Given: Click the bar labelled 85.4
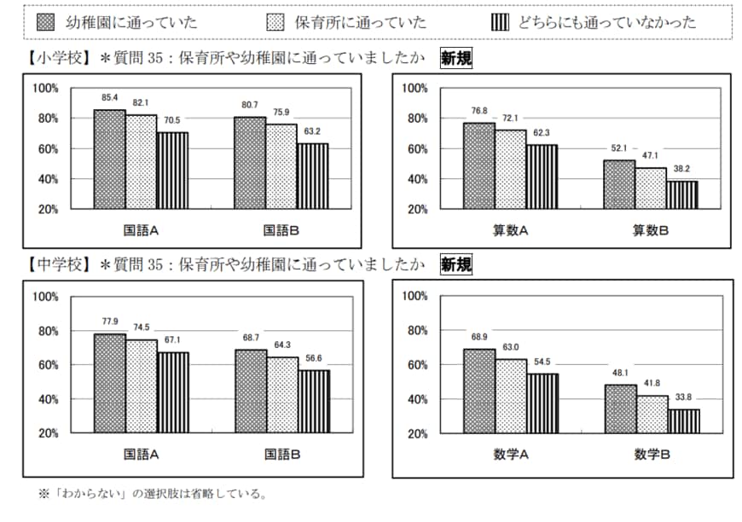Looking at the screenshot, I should click(109, 159).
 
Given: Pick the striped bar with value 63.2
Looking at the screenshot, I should click(311, 176).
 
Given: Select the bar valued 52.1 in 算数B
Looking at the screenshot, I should click(618, 184).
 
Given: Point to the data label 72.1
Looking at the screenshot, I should click(509, 115).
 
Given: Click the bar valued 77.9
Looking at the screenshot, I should click(109, 383).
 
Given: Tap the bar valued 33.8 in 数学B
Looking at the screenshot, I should click(683, 421).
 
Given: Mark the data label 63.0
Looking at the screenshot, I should click(510, 346).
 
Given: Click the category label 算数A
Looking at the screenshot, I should click(510, 230).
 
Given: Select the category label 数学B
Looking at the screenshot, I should click(652, 455).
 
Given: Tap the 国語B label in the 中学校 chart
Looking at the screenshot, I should click(282, 455).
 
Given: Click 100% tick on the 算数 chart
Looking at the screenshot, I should click(414, 88).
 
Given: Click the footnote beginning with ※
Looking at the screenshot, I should click(154, 493).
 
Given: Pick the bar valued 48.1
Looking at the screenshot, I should click(620, 409).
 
